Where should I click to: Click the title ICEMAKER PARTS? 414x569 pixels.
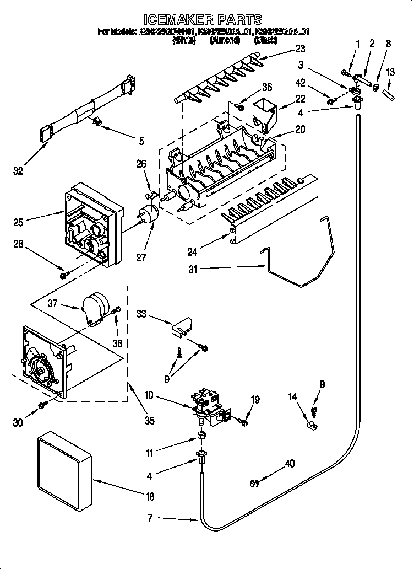point(206,20)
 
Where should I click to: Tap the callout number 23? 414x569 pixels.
point(300,49)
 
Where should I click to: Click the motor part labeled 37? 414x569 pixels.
point(96,308)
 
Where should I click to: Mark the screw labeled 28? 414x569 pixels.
point(64,274)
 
